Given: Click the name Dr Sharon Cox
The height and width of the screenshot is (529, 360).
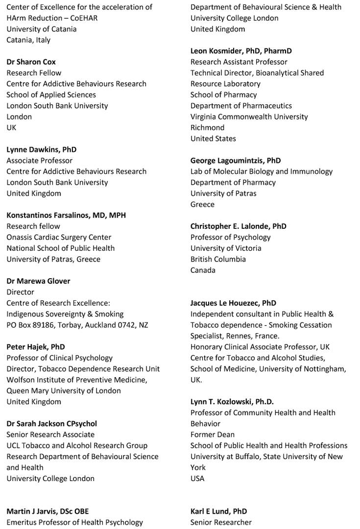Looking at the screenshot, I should pos(31,62).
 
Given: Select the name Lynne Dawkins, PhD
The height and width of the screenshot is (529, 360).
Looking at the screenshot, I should pos(41,149).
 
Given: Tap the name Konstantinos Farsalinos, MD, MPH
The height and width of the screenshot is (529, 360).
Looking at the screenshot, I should pos(66,215).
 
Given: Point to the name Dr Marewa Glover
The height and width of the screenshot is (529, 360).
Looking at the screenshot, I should pos(38,281).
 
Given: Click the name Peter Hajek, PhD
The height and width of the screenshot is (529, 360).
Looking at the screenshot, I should pos(36,347).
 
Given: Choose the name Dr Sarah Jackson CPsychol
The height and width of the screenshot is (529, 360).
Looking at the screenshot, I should pos(51,424).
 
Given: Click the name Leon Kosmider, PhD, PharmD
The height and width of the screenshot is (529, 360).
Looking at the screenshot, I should pos(241,51).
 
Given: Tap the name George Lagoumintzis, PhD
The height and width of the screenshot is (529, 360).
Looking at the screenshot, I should pos(236,160).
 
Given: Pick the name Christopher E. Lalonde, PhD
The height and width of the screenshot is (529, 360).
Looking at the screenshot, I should pos(239,226).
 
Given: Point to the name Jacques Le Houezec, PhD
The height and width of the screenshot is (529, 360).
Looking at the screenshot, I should pos(233,303).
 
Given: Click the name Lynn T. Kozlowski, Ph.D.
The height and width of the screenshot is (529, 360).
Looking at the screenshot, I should pos(232,402).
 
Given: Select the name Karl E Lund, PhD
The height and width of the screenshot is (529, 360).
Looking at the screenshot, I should pos(218,511).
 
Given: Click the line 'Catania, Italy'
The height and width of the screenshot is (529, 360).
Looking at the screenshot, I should pos(28,40).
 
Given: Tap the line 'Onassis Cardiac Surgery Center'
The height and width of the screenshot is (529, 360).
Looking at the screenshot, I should pos(59,237).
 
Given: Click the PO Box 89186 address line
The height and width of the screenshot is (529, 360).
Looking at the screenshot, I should pos(77,325).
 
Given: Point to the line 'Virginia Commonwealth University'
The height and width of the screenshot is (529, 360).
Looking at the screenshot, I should pos(249,117).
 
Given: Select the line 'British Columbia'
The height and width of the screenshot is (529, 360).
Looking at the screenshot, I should pos(218,259).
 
